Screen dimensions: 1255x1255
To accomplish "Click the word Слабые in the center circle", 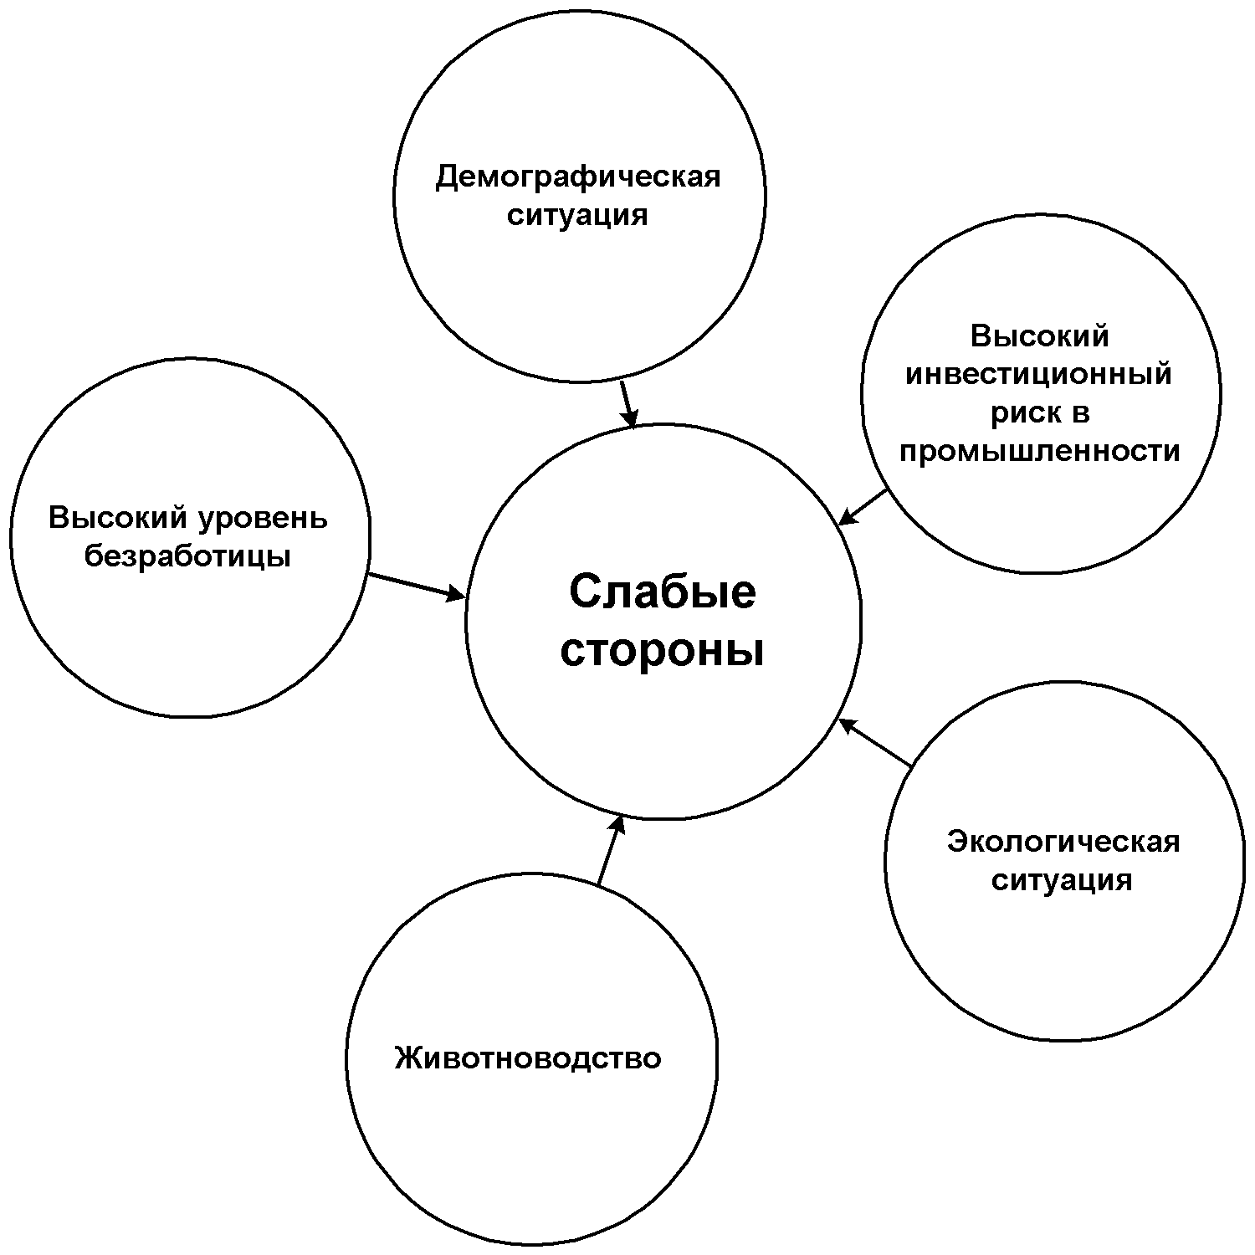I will [x=662, y=593].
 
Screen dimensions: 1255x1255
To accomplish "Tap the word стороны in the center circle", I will [x=662, y=652].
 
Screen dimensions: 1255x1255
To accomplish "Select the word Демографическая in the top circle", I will [x=578, y=177].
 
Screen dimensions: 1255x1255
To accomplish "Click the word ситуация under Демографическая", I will [x=578, y=216].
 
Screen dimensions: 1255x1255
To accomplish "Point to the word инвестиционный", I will [x=1039, y=374].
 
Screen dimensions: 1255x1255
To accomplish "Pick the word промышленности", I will [x=1039, y=452].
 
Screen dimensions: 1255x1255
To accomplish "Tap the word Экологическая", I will [x=1063, y=842].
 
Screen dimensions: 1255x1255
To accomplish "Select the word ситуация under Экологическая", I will [x=1062, y=880].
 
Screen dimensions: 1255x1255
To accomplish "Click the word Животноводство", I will [x=528, y=1058].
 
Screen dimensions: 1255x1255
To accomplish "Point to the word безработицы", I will [x=188, y=556].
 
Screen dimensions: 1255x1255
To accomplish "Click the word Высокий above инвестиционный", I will [x=1039, y=336].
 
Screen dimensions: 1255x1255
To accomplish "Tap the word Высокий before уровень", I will [x=117, y=518].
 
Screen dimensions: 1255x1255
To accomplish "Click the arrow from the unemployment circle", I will [x=417, y=586].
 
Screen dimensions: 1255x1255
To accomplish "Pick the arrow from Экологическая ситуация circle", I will [x=875, y=742].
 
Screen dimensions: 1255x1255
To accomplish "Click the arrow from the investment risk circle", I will [x=863, y=507].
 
